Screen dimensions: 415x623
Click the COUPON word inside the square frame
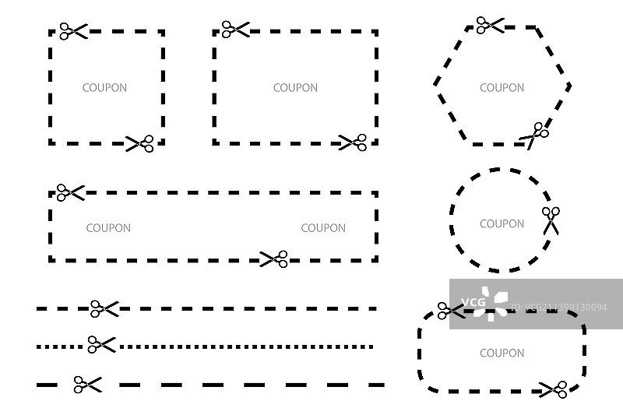(x=104, y=88)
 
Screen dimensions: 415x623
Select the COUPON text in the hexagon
(x=502, y=88)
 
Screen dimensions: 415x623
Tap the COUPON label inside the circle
(x=502, y=224)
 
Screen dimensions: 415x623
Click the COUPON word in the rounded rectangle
(x=502, y=353)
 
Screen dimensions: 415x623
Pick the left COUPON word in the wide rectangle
(x=108, y=228)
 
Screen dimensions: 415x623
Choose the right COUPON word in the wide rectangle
(x=323, y=228)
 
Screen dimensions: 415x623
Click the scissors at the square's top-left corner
(x=73, y=32)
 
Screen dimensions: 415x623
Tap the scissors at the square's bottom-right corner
(x=140, y=143)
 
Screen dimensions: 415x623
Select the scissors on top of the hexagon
(x=490, y=25)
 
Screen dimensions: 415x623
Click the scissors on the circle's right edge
(x=551, y=220)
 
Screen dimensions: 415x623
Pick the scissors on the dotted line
(x=101, y=344)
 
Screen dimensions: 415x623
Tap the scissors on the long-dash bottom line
(x=88, y=384)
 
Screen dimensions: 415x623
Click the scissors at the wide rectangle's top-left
(x=70, y=192)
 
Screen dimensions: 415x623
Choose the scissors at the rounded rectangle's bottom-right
(x=554, y=389)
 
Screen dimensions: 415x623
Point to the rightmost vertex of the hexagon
(x=571, y=85)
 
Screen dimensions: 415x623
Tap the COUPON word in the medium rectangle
(x=295, y=88)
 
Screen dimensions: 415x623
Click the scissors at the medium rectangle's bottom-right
(x=353, y=142)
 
